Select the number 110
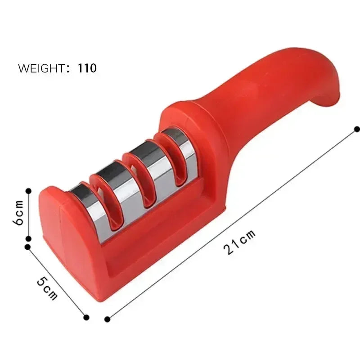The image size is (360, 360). [x=87, y=68]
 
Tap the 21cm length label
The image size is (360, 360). [x=240, y=242]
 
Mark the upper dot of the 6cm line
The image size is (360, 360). [x=28, y=191]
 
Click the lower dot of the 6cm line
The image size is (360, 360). [x=28, y=239]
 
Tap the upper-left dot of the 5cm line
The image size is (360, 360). [x=28, y=247]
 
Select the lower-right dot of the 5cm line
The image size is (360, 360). [x=86, y=317]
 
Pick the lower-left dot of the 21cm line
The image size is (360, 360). [x=107, y=319]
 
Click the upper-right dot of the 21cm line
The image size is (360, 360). [x=357, y=129]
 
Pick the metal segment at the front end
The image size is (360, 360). [x=83, y=198]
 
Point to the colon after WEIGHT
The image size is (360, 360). [x=68, y=69]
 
